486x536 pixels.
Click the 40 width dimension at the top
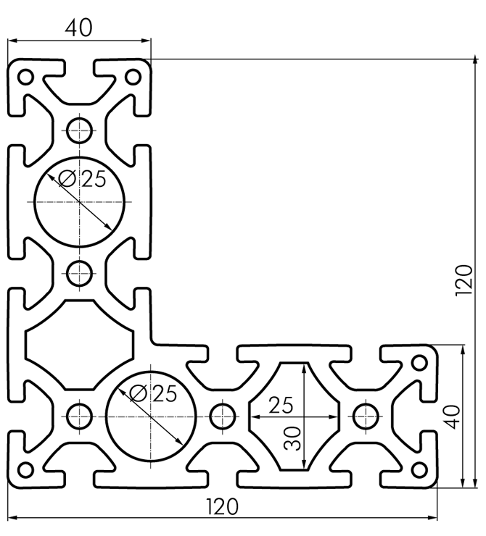pyautogui.click(x=79, y=28)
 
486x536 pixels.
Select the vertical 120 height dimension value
pyautogui.click(x=464, y=280)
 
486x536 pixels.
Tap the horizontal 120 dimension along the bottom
pyautogui.click(x=223, y=506)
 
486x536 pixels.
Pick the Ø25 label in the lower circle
pyautogui.click(x=155, y=394)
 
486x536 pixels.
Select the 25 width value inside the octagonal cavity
pyautogui.click(x=281, y=406)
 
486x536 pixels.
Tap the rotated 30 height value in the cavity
pyautogui.click(x=293, y=437)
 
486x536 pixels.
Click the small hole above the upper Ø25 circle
pyautogui.click(x=79, y=130)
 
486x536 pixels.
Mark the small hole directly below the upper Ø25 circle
pyautogui.click(x=79, y=273)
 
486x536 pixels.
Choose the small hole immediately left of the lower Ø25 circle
pyautogui.click(x=79, y=416)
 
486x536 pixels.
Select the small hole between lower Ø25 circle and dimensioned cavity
pyautogui.click(x=222, y=416)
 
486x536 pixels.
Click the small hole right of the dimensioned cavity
pyautogui.click(x=365, y=416)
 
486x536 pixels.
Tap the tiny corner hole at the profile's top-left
pyautogui.click(x=25, y=76)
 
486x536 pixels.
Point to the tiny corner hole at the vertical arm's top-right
pyautogui.click(x=133, y=76)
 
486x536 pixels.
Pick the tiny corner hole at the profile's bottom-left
pyautogui.click(x=25, y=469)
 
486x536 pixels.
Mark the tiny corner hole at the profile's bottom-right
pyautogui.click(x=419, y=469)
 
